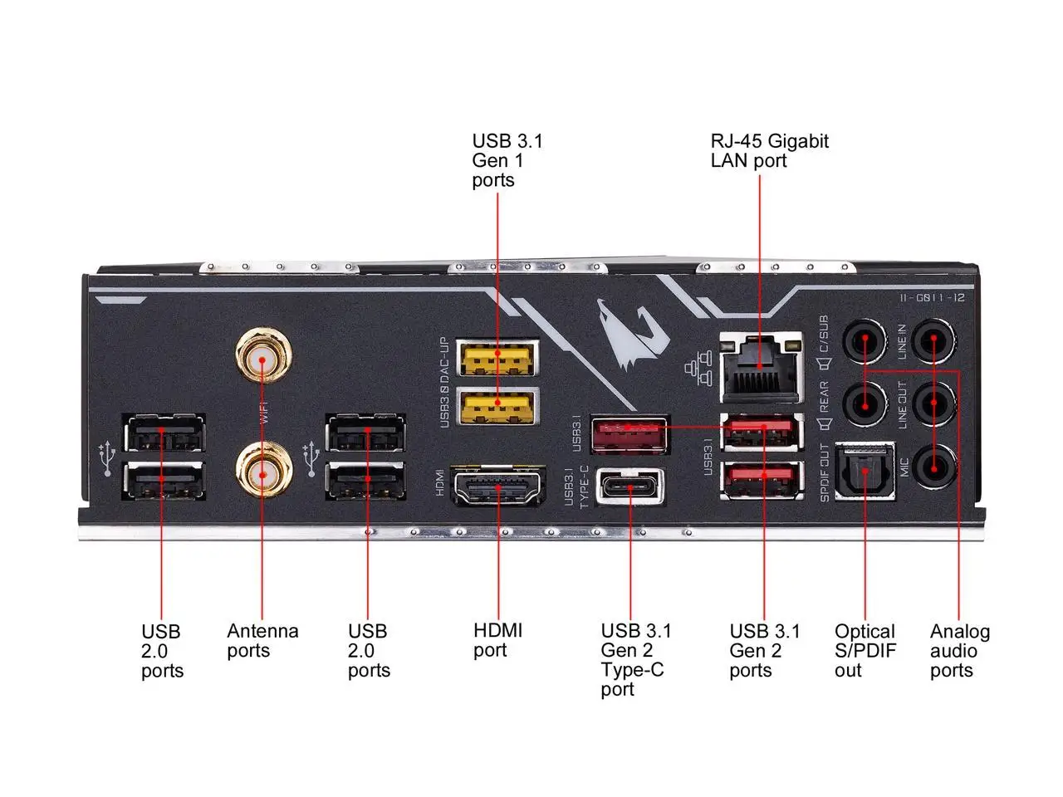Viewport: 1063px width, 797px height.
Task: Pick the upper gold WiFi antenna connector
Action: tap(263, 359)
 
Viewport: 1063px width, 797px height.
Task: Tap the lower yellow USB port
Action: tap(497, 405)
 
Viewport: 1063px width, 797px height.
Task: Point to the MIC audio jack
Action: tap(933, 467)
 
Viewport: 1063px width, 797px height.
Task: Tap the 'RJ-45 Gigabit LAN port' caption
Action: tap(769, 150)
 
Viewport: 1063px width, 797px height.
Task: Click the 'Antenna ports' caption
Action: tap(262, 641)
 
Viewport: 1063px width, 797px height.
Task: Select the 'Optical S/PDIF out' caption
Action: tap(865, 651)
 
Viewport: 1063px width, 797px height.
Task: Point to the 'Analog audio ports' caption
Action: tap(959, 651)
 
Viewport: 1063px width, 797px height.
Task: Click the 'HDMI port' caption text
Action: tap(497, 640)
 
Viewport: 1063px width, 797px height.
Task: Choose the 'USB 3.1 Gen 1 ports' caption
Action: tap(507, 160)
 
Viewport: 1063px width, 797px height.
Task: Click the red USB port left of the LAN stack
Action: tap(629, 434)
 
